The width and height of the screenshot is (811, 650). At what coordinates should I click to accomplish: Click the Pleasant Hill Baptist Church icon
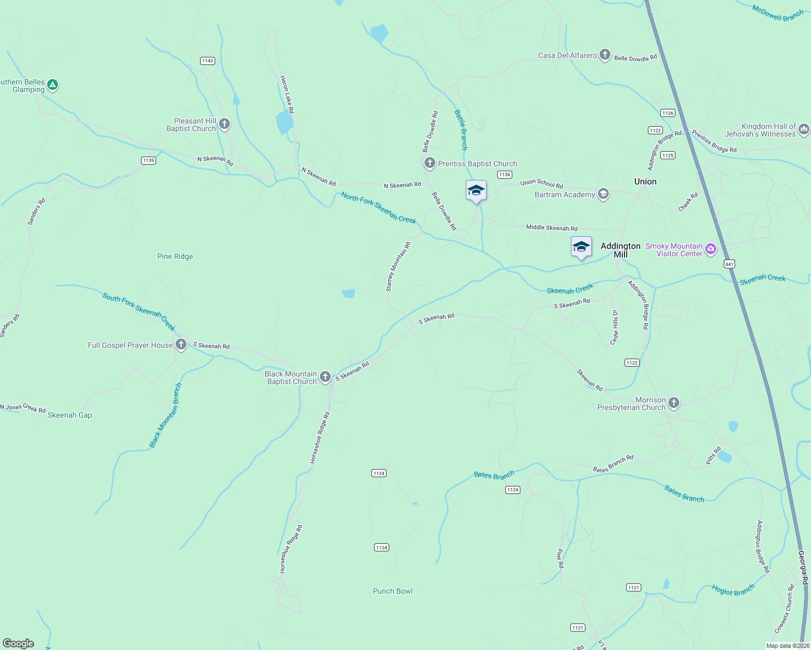(x=224, y=124)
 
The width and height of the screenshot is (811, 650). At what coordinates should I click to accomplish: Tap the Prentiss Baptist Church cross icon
(x=429, y=162)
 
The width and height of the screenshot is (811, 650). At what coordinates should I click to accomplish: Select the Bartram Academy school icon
(x=603, y=194)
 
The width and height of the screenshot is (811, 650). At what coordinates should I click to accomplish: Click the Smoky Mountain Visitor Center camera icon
(x=710, y=249)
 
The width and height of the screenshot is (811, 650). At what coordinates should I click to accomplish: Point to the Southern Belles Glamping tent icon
(x=53, y=84)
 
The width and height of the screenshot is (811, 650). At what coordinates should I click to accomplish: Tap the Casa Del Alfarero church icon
(x=604, y=55)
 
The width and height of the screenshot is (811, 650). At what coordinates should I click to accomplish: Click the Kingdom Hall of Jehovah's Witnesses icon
(x=803, y=129)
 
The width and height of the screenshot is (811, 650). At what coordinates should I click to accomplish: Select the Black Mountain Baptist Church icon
(x=325, y=376)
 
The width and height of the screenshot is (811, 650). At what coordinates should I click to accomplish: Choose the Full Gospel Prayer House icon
(x=181, y=344)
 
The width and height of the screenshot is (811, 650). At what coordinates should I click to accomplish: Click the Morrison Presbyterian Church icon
(x=673, y=402)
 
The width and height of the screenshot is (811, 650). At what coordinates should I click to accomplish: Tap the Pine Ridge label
(x=175, y=256)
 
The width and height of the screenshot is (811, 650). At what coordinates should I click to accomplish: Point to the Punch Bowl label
(x=392, y=591)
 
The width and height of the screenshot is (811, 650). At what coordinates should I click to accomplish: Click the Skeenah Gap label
(x=70, y=415)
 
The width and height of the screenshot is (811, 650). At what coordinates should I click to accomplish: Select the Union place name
(x=645, y=181)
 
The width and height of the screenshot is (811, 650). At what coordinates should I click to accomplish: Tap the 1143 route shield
(x=208, y=61)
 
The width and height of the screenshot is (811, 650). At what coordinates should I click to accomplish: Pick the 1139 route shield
(x=148, y=160)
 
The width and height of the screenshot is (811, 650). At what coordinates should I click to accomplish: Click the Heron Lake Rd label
(x=287, y=95)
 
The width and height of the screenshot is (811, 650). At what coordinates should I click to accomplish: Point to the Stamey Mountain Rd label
(x=398, y=267)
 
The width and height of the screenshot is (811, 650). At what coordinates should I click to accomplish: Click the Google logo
(x=18, y=643)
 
